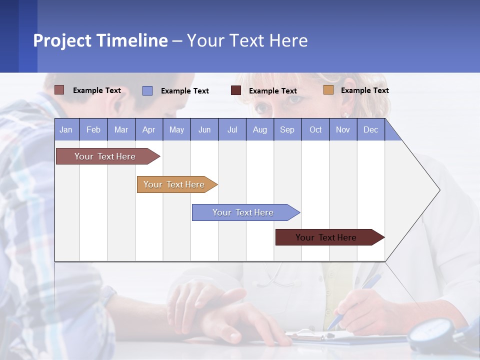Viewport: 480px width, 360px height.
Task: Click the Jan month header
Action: tap(66, 129)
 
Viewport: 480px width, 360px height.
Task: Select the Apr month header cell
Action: tap(149, 129)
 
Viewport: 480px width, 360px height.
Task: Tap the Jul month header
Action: tap(232, 129)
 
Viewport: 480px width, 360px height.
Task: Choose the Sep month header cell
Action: tap(287, 129)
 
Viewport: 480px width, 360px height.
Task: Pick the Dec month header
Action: tap(370, 129)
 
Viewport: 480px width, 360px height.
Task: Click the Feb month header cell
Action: tap(93, 129)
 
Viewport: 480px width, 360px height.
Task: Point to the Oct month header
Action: tap(315, 129)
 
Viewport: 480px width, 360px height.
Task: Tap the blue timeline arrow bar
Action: tap(243, 212)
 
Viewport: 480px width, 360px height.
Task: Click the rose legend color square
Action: tap(59, 90)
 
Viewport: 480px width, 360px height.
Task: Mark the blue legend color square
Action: tap(147, 90)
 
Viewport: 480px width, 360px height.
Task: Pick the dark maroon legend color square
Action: tap(236, 90)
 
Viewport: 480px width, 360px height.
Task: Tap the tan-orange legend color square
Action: tap(328, 90)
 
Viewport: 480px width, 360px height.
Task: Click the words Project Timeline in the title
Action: tap(100, 40)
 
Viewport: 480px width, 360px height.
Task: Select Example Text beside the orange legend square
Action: tap(364, 90)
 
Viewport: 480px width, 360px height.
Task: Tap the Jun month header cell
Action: tap(204, 129)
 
